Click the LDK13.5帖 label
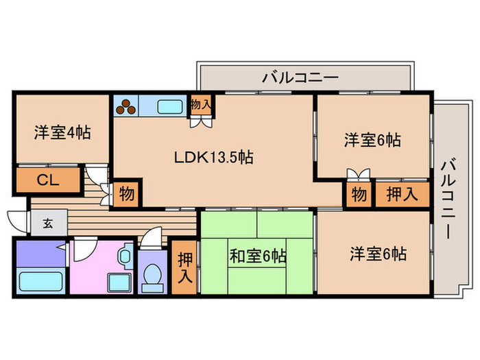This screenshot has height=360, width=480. [x=214, y=157]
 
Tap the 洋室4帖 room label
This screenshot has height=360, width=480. [x=62, y=133]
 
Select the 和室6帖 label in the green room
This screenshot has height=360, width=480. [x=258, y=256]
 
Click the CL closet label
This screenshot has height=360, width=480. [x=48, y=180]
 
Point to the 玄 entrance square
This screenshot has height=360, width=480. [x=48, y=223]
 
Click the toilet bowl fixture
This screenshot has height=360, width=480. [x=152, y=277]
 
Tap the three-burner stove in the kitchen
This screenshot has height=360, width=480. [x=125, y=106]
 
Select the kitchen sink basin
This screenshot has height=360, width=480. [x=170, y=107]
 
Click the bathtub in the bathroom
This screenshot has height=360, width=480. [x=41, y=281]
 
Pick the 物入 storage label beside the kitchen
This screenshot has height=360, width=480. [x=201, y=105]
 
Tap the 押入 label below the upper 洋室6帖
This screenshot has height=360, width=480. [x=402, y=194]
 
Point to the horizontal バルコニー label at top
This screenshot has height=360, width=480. [x=300, y=77]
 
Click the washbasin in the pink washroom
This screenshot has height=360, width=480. [x=125, y=256]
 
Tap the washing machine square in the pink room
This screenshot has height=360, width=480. [x=119, y=283]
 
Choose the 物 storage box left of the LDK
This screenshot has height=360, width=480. [x=126, y=193]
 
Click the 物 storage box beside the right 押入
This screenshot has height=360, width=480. [x=359, y=194]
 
